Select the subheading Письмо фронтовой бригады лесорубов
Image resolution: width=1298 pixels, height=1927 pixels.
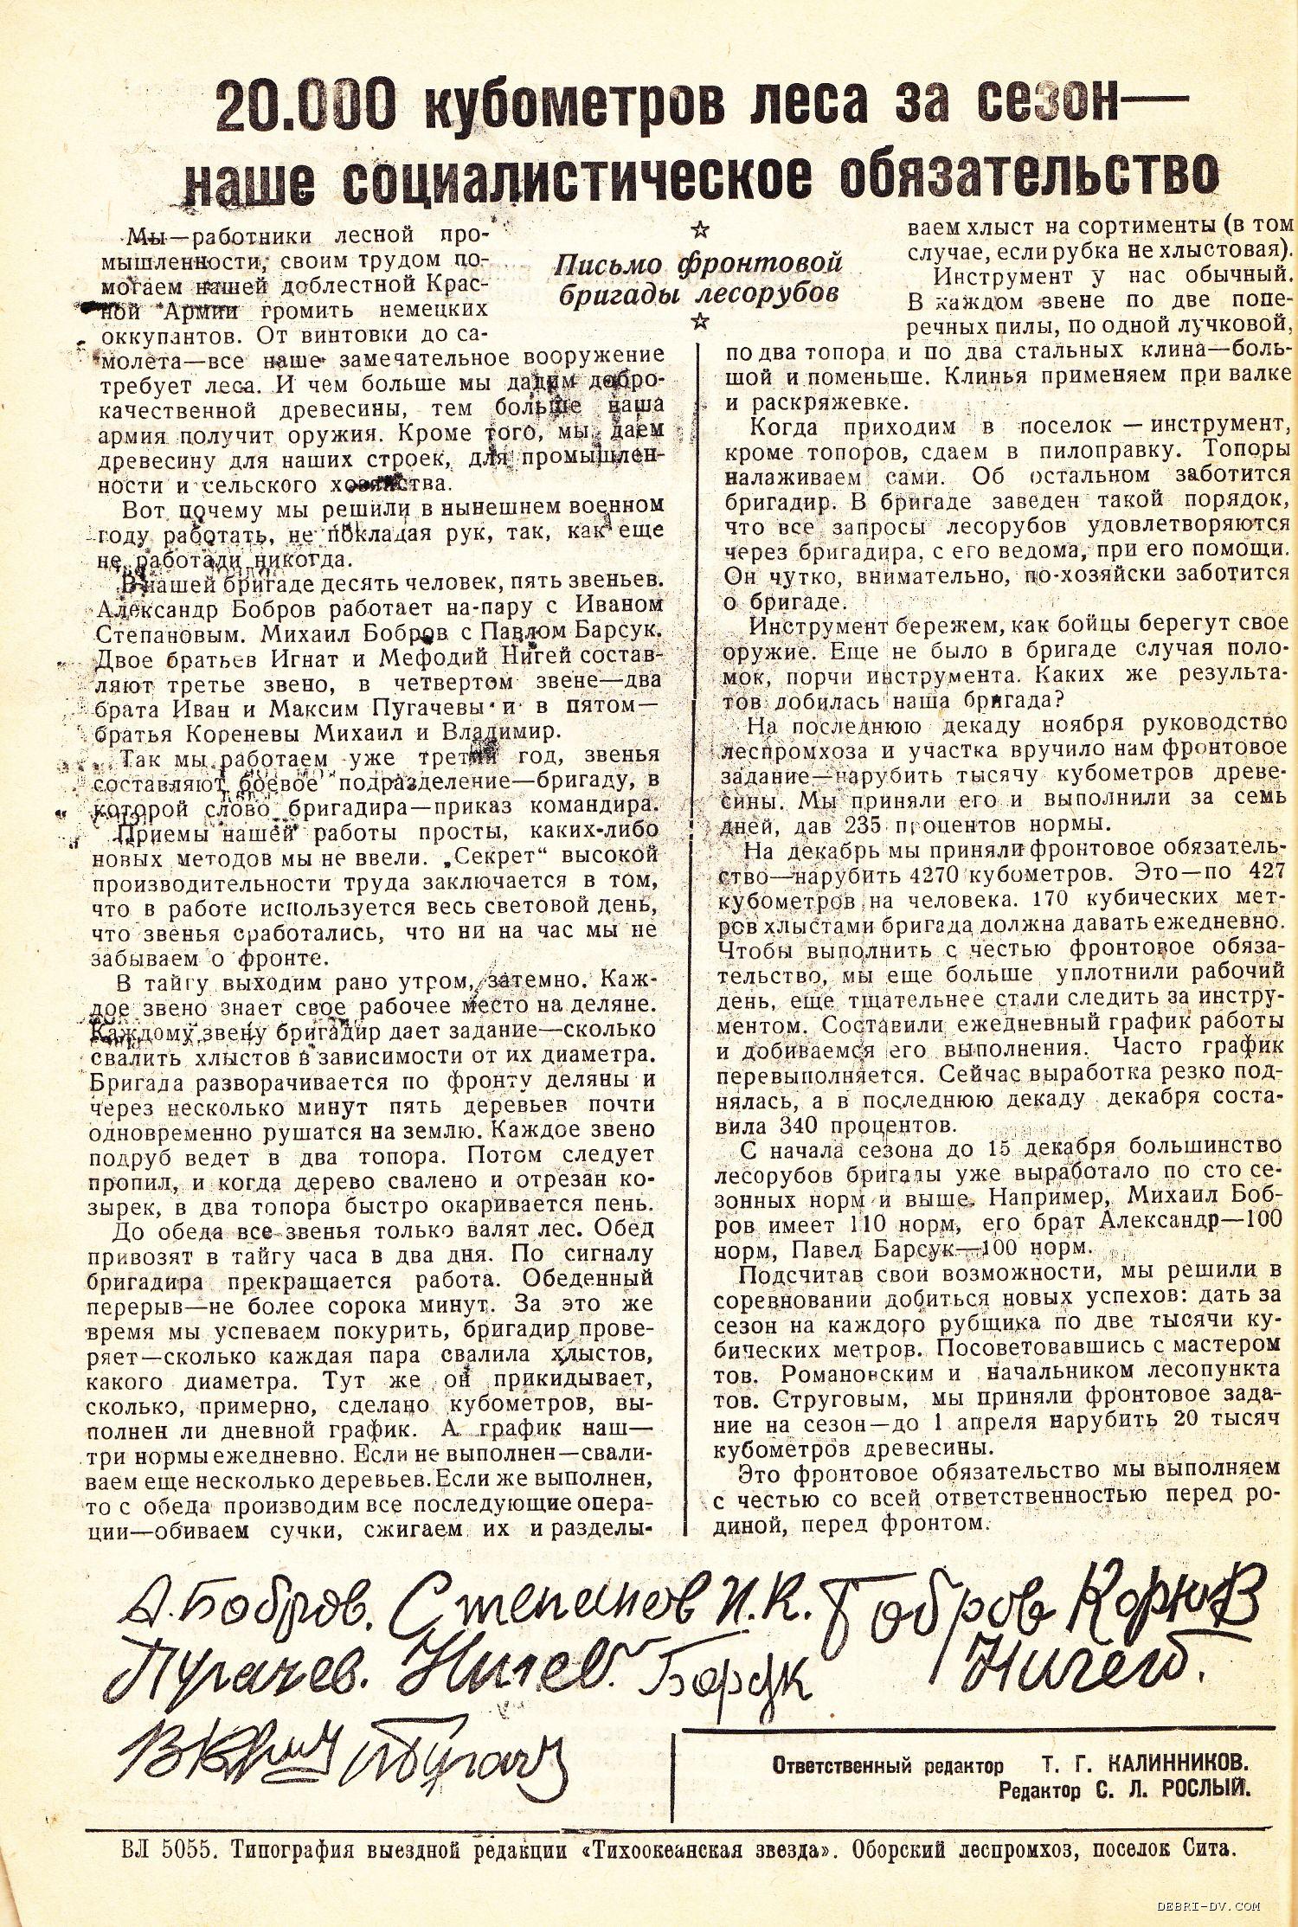tap(699, 278)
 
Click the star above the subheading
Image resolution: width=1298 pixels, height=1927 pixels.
tap(701, 230)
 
